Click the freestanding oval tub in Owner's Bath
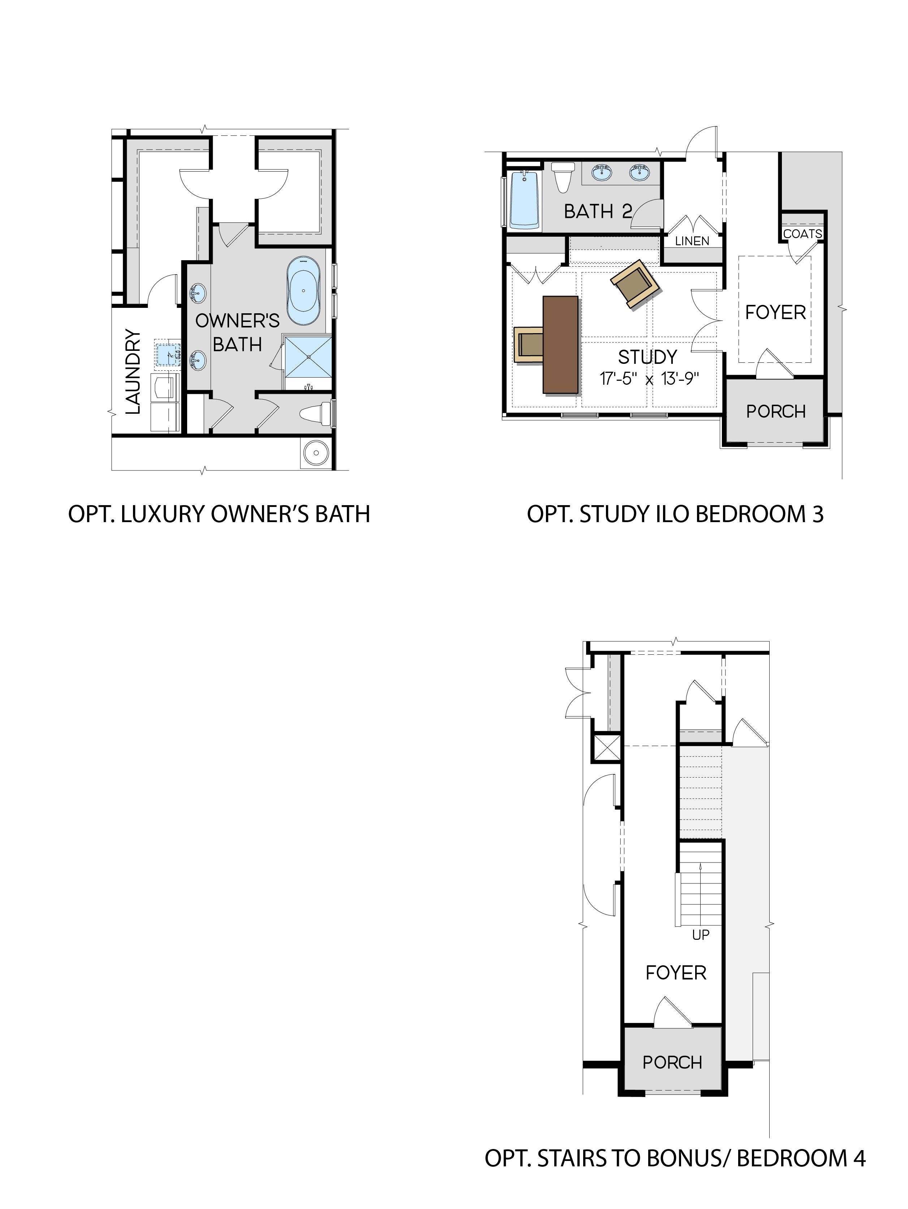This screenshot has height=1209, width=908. point(304,291)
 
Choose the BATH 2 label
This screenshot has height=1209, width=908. point(598,211)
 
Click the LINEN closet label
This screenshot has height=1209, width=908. point(692,241)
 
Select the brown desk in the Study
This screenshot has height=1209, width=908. point(560,344)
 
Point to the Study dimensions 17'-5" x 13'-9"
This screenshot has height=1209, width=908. point(649,378)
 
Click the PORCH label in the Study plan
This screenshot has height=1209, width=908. point(776,411)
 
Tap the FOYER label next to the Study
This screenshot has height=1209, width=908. point(776,313)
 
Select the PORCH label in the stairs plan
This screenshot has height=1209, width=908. point(672,1063)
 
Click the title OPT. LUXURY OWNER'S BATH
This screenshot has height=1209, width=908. point(219,514)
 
